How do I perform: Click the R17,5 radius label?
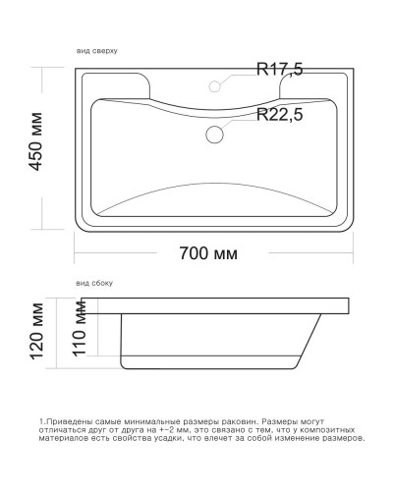[279, 69]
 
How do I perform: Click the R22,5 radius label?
[279, 114]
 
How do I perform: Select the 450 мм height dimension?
[36, 146]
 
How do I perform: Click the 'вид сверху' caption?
[97, 49]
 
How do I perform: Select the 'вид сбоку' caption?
[94, 283]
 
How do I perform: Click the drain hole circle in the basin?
[215, 135]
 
